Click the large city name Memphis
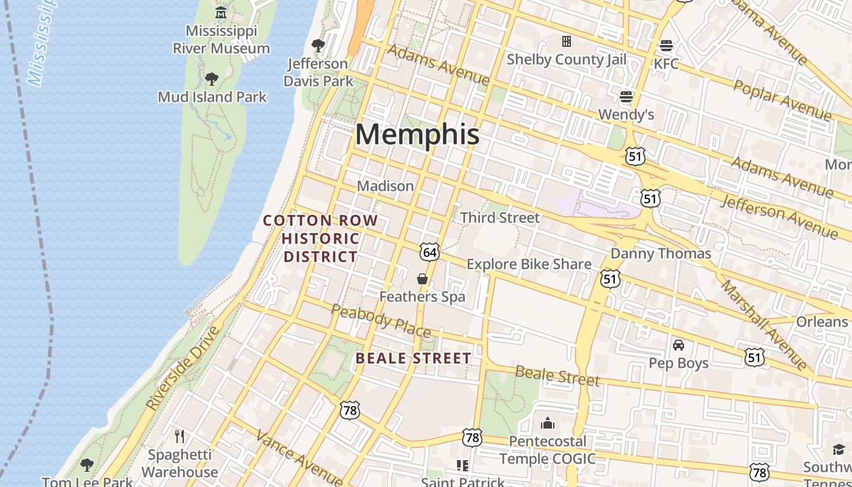[417, 135]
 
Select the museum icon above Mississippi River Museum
[221, 12]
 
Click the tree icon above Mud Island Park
[212, 79]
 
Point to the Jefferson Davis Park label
[318, 72]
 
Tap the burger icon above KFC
[666, 46]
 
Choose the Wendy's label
[626, 114]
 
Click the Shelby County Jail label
[566, 59]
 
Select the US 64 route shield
[429, 251]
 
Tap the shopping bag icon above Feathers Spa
[422, 279]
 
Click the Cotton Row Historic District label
[321, 239]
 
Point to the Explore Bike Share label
[529, 264]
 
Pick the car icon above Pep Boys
[679, 345]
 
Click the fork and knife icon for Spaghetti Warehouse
[180, 436]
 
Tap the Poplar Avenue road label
[782, 100]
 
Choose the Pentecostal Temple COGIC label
[547, 449]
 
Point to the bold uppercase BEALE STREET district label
[413, 359]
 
